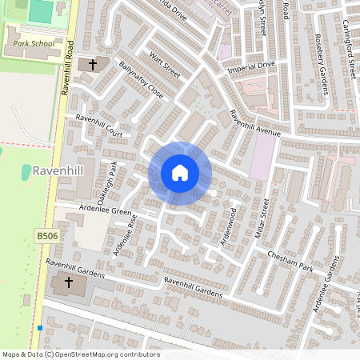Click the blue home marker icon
click(x=179, y=172)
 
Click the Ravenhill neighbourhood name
click(x=59, y=170)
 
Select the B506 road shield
click(x=46, y=236)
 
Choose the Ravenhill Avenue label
click(x=255, y=122)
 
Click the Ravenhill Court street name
click(x=99, y=127)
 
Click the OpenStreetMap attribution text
click(x=80, y=354)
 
